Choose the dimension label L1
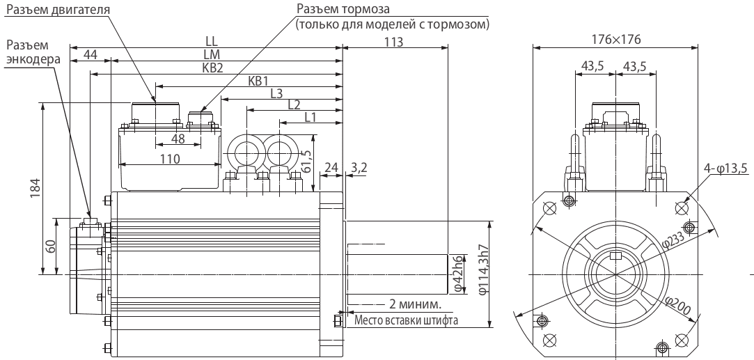[x=311, y=118]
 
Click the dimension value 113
[x=394, y=42]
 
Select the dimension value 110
[x=170, y=159]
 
